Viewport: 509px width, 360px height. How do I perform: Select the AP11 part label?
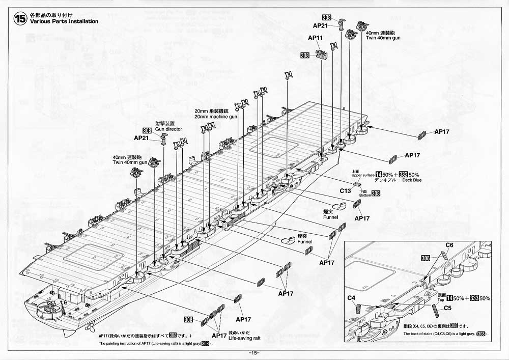pyautogui.click(x=316, y=38)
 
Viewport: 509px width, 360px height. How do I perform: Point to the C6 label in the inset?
pyautogui.click(x=449, y=245)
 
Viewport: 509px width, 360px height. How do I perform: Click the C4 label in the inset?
pyautogui.click(x=351, y=297)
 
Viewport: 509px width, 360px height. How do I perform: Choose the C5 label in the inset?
pyautogui.click(x=448, y=308)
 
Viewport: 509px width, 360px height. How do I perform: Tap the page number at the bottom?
pyautogui.click(x=254, y=353)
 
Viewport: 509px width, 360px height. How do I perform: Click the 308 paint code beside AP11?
pyautogui.click(x=305, y=55)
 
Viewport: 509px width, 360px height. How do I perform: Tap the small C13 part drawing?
pyautogui.click(x=357, y=185)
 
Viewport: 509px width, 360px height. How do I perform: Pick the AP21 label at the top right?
pyautogui.click(x=321, y=25)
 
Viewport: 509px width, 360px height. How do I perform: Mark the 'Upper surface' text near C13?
pyautogui.click(x=361, y=175)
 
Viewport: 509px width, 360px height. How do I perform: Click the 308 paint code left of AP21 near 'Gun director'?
pyautogui.click(x=147, y=130)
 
